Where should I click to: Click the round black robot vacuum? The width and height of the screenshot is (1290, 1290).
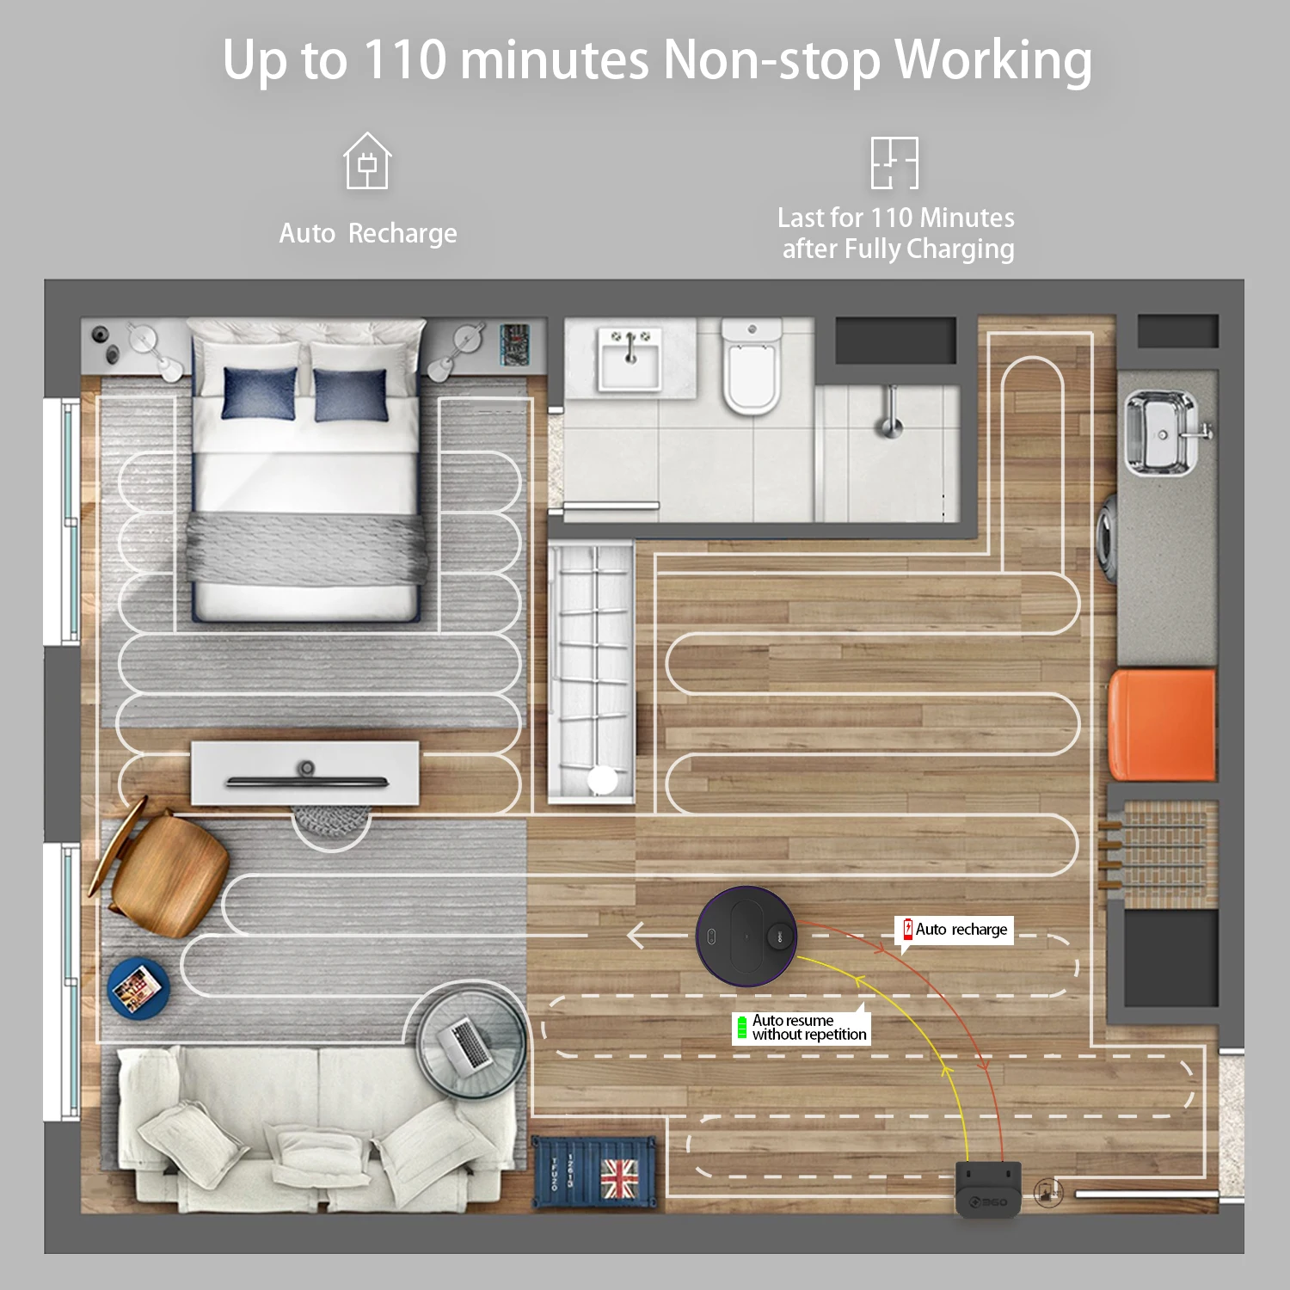click(x=746, y=936)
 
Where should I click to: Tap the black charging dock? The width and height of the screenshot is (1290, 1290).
click(x=989, y=1189)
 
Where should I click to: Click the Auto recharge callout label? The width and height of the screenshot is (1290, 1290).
click(x=955, y=930)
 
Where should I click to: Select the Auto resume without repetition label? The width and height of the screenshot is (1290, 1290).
click(x=802, y=1027)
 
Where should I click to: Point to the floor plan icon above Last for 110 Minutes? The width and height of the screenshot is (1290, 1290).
click(x=894, y=163)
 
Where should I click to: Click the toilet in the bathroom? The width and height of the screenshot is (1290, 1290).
click(x=752, y=365)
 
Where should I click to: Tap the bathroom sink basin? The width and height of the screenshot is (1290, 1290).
click(x=630, y=357)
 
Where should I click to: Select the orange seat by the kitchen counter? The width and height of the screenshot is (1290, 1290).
click(x=1162, y=725)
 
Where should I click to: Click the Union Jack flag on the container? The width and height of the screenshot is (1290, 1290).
click(x=619, y=1177)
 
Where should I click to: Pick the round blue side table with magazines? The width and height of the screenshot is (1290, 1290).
click(x=138, y=988)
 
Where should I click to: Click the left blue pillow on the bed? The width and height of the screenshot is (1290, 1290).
click(x=259, y=393)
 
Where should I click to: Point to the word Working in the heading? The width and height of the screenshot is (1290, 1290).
click(x=993, y=62)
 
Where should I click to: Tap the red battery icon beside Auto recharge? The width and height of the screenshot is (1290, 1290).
click(x=907, y=929)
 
